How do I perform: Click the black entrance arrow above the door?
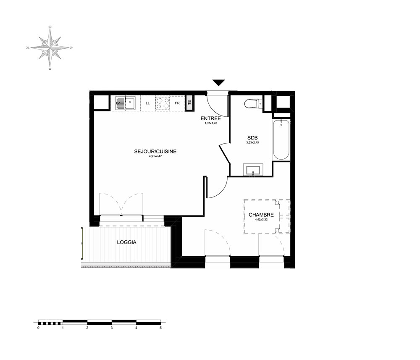(x=219, y=83)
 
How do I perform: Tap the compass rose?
(x=50, y=48)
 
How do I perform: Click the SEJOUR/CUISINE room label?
(x=155, y=151)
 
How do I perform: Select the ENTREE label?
(x=211, y=118)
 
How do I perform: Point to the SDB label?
(x=252, y=138)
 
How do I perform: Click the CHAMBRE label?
(x=261, y=215)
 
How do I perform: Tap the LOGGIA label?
(x=127, y=242)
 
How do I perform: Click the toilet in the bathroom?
(x=253, y=104)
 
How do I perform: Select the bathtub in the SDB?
(x=281, y=139)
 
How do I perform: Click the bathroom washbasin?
(x=253, y=170)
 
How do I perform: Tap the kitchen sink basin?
(x=131, y=103)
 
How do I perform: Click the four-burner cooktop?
(x=163, y=103)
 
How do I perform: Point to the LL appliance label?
(x=147, y=103)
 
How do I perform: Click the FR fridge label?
(x=177, y=103)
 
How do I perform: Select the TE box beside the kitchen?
(x=189, y=102)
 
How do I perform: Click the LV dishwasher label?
(x=118, y=103)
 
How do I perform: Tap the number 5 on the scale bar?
(x=161, y=328)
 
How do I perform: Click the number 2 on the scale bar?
(x=87, y=328)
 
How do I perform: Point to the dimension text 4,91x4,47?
(x=155, y=156)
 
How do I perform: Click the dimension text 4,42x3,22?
(x=261, y=219)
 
